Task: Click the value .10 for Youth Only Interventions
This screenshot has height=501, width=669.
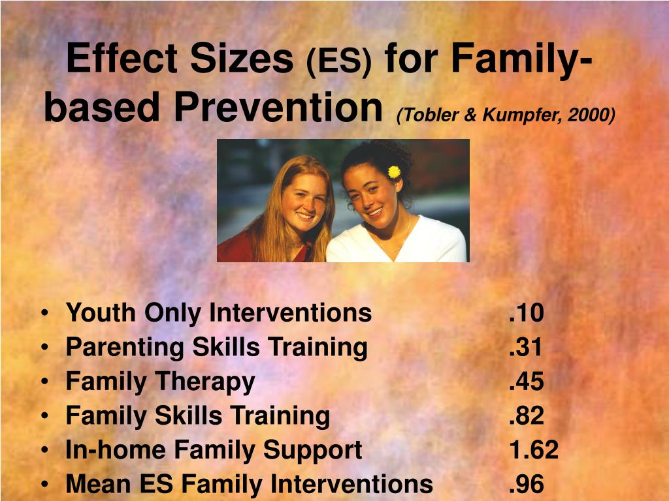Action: click(x=526, y=312)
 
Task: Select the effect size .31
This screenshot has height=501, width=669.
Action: click(x=525, y=347)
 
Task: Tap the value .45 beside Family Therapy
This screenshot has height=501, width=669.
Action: click(x=526, y=381)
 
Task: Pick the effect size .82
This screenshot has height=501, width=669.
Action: click(x=526, y=416)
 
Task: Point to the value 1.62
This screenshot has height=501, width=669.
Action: click(x=534, y=449)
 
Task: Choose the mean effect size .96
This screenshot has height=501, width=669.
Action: click(x=526, y=484)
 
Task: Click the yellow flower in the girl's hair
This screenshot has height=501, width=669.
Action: click(x=394, y=172)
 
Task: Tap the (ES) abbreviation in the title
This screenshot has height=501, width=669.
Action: click(x=339, y=61)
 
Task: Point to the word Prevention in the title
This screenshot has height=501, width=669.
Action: click(x=278, y=107)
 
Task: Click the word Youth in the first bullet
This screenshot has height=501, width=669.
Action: click(x=101, y=313)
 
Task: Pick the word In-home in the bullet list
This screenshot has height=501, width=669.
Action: click(x=115, y=449)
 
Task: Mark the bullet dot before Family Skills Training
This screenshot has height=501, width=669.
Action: click(x=44, y=416)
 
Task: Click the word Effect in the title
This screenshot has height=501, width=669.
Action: click(x=122, y=58)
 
